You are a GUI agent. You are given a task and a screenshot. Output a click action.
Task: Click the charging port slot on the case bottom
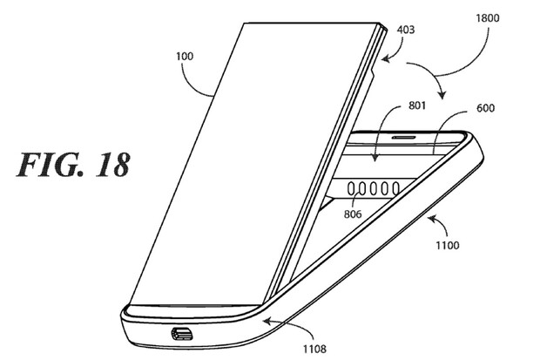click(185, 333)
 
